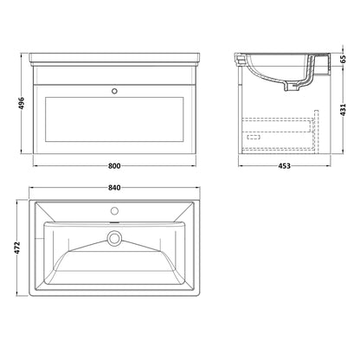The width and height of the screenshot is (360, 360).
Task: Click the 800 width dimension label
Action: click(114, 166)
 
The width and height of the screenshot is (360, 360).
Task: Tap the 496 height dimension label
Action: click(22, 103)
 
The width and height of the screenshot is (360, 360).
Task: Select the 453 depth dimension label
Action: click(284, 166)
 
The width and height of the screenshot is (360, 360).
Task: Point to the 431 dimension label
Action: click(343, 110)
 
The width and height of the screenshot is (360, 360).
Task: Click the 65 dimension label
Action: click(343, 59)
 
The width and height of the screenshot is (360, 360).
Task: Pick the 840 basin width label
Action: click(114, 188)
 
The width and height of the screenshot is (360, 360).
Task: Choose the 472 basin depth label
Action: click(17, 248)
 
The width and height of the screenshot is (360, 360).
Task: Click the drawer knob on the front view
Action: click(114, 91)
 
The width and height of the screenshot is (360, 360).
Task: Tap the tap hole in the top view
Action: click(114, 211)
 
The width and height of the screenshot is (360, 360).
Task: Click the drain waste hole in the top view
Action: click(114, 239)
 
